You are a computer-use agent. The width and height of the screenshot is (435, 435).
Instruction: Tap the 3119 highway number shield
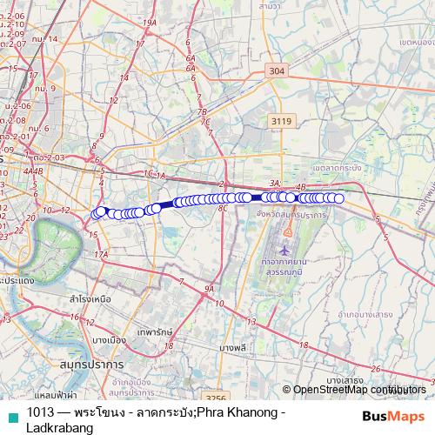coord(280,122)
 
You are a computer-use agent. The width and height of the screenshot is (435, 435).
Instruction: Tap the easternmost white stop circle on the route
coord(339,199)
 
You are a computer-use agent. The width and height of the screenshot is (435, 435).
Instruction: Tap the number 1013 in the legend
coord(40,412)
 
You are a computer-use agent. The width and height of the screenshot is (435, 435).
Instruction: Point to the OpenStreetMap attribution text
coord(357,389)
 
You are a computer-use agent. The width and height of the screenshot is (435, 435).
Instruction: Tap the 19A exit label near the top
coord(150,23)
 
